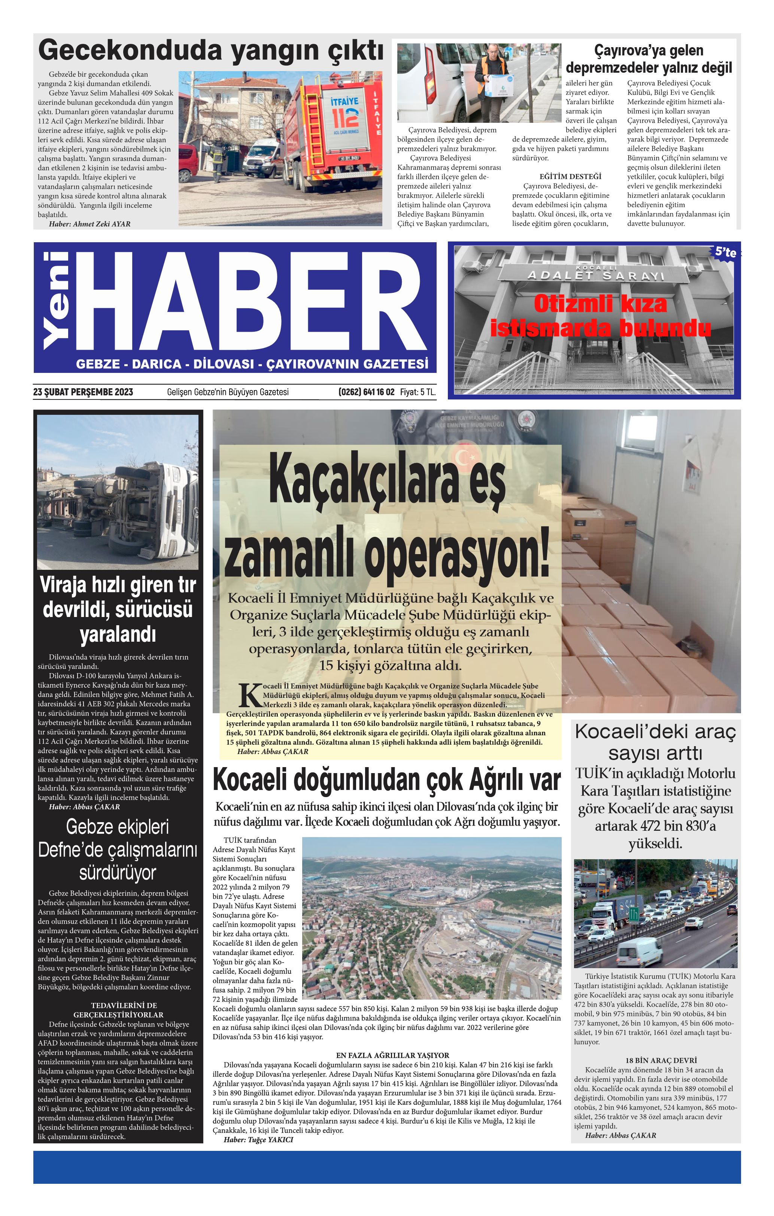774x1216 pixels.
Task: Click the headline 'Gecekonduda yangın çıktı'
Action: click(x=211, y=51)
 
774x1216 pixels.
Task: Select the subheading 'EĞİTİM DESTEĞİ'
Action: click(x=570, y=176)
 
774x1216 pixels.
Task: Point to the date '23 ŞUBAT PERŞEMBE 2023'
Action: click(x=84, y=392)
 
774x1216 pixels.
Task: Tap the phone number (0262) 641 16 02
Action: click(x=366, y=392)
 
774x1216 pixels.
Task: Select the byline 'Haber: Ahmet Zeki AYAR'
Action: click(x=89, y=224)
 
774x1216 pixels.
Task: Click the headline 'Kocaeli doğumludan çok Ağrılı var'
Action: click(x=386, y=780)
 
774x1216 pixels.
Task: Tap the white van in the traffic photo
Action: click(x=639, y=951)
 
